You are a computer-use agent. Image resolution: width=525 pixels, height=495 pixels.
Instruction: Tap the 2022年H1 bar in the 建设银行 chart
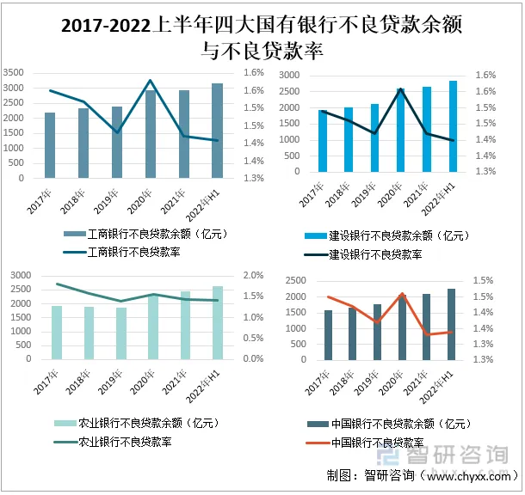(x=453, y=125)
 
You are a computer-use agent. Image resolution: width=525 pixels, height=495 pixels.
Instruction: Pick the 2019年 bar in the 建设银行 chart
(x=374, y=137)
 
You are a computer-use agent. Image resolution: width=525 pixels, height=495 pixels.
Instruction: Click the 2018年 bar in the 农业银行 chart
(x=89, y=333)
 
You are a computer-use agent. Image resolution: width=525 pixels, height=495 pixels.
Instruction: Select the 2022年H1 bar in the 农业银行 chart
(x=217, y=322)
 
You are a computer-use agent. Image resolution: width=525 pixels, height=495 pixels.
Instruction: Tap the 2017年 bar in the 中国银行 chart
(x=327, y=335)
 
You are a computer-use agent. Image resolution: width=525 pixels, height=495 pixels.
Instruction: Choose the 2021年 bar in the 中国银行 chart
(x=426, y=327)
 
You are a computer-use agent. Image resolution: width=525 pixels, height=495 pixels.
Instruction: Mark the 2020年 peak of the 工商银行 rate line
(x=151, y=81)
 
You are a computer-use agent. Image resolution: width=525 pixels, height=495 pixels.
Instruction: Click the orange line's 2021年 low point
(x=426, y=334)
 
